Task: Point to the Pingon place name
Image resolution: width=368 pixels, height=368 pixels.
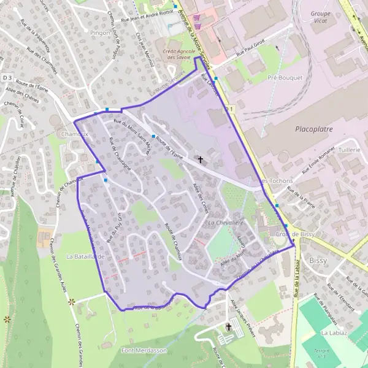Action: point(99,33)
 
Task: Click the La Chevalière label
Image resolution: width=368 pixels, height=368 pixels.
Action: point(228,222)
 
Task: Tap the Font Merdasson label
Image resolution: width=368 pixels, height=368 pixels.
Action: point(144,350)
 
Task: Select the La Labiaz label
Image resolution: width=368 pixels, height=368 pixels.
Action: point(334,332)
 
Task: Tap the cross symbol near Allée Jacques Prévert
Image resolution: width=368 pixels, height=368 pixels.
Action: point(229,327)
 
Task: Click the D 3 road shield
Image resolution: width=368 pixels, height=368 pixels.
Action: point(7,78)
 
